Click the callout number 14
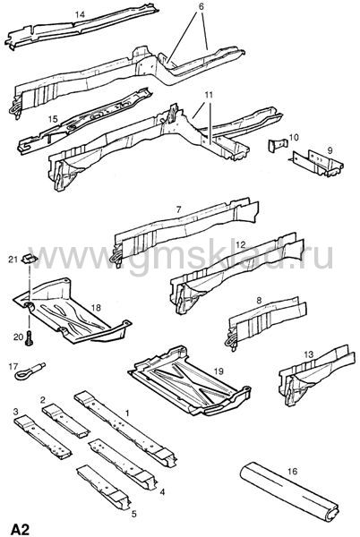pyautogui.click(x=81, y=14)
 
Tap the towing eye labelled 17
pyautogui.click(x=30, y=371)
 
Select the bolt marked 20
pyautogui.click(x=30, y=337)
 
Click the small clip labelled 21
pyautogui.click(x=30, y=259)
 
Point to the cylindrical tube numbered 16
pyautogui.click(x=290, y=491)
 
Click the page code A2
pyautogui.click(x=21, y=529)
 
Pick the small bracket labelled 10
pyautogui.click(x=277, y=145)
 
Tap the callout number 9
pyautogui.click(x=330, y=150)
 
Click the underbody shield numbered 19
pyautogui.click(x=190, y=380)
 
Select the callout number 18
pyautogui.click(x=96, y=308)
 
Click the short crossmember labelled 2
pyautogui.click(x=65, y=421)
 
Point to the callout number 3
pyautogui.click(x=16, y=411)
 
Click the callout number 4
pyautogui.click(x=162, y=491)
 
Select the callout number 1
pyautogui.click(x=127, y=413)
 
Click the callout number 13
pyautogui.click(x=309, y=354)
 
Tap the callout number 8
pyautogui.click(x=259, y=301)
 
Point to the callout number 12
pyautogui.click(x=241, y=244)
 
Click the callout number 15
pyautogui.click(x=53, y=120)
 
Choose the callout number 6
pyautogui.click(x=201, y=6)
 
